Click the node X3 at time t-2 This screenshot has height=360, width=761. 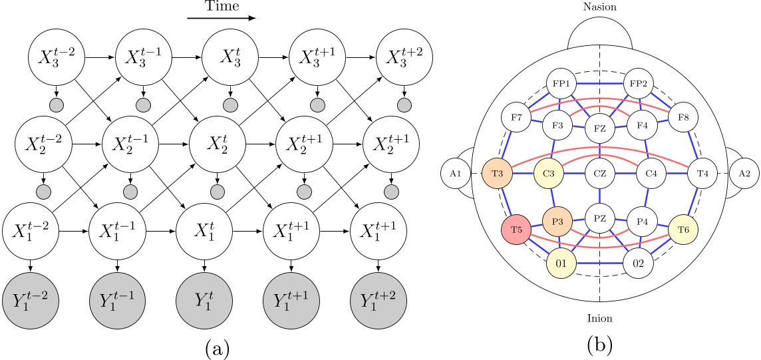click(x=57, y=58)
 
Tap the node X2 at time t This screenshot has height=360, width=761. click(x=218, y=142)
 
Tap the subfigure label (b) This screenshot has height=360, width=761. click(x=600, y=343)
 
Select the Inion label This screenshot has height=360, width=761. click(x=599, y=318)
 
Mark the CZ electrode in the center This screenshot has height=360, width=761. click(x=600, y=173)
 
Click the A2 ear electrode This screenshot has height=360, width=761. click(x=744, y=173)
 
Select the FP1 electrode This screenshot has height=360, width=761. click(x=559, y=85)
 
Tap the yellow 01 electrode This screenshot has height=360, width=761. click(x=560, y=262)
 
